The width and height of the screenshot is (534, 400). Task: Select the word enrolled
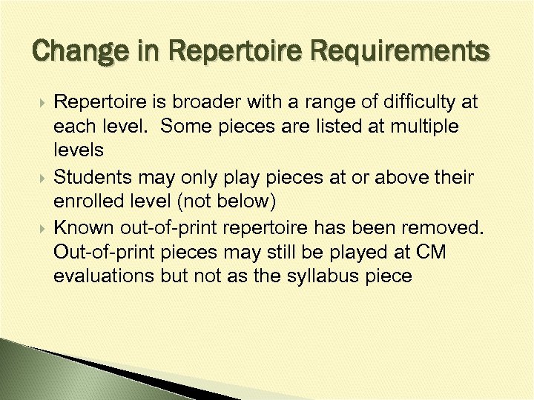point(87,202)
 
